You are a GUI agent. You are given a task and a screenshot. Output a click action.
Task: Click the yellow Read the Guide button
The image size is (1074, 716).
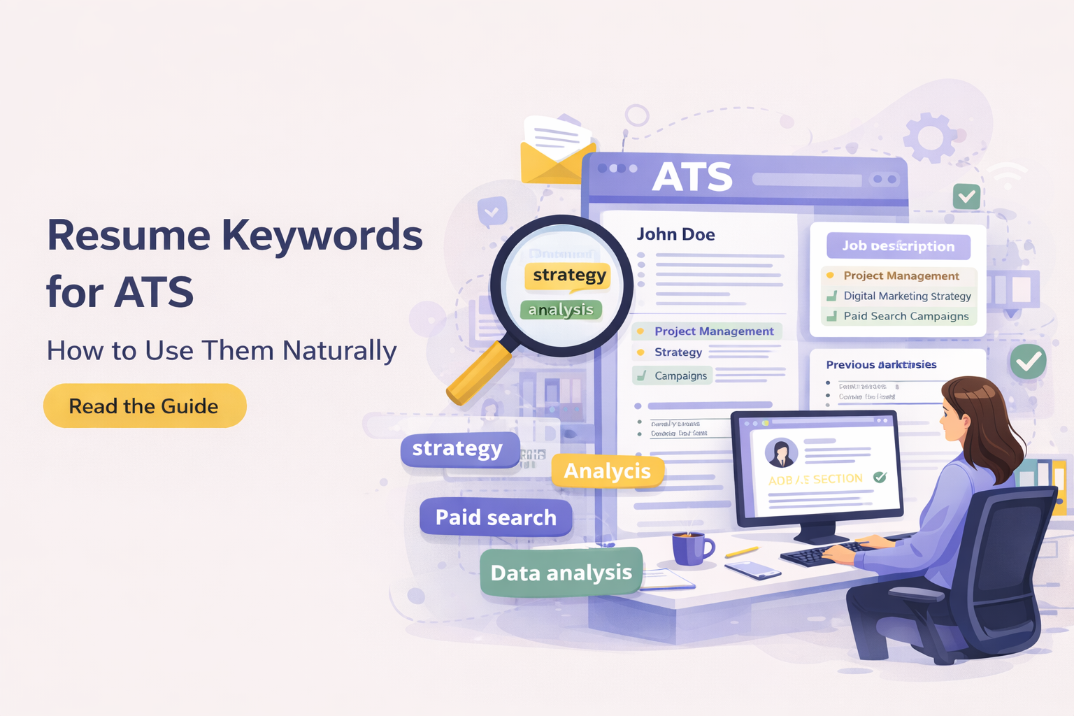pos(145,406)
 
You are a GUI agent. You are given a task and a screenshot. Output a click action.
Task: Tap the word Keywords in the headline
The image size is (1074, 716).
pos(322,236)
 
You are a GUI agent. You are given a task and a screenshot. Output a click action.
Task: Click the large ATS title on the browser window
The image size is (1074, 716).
pos(692,177)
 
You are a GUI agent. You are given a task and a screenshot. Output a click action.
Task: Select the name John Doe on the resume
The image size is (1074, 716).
pos(675,234)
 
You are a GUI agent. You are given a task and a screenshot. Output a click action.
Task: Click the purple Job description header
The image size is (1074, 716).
pos(898,246)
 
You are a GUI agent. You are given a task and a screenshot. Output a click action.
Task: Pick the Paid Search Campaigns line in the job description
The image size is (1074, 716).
pos(905,316)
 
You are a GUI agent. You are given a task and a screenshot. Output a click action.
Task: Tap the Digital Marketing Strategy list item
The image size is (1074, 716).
pos(907,296)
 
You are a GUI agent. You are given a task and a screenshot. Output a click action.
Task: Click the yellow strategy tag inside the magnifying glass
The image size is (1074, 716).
pos(568,275)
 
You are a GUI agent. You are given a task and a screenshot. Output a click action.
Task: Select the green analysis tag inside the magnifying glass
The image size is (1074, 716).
pos(561,310)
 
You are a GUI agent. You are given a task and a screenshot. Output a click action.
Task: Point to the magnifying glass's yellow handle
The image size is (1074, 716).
pos(479,373)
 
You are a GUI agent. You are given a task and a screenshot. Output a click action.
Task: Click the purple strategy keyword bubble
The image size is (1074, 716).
pos(458,449)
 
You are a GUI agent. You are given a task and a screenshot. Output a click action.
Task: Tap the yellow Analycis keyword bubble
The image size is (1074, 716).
pos(607,471)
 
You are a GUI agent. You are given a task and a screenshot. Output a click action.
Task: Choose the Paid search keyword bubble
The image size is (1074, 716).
pos(496,517)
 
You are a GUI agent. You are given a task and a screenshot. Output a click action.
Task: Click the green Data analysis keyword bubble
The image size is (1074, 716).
pos(561,573)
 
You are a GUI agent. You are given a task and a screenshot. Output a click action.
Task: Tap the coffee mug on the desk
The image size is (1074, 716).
pos(690,547)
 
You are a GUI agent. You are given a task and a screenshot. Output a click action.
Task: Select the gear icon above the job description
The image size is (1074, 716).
pos(929,136)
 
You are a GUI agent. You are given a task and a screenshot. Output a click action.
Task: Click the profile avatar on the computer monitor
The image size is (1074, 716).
pos(781,453)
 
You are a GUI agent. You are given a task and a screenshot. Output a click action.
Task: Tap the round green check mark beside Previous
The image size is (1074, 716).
pos(1027,361)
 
